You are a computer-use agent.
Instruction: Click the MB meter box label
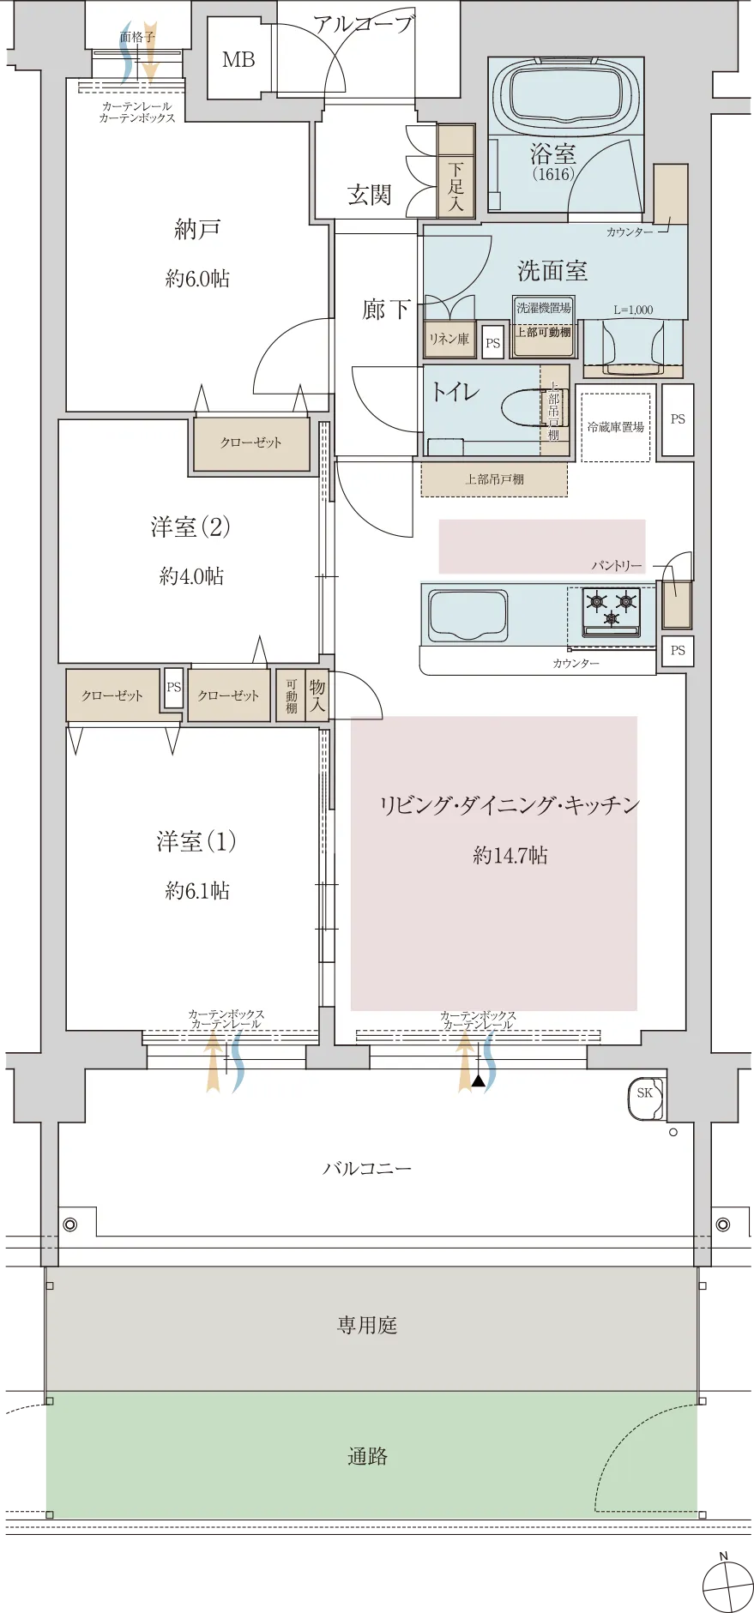click(238, 60)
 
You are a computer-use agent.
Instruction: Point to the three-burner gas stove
click(612, 610)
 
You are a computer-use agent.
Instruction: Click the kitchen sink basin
click(467, 614)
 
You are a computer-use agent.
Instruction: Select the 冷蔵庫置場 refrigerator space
click(615, 427)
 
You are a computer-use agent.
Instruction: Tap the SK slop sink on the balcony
click(645, 1093)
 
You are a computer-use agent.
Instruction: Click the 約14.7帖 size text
click(510, 855)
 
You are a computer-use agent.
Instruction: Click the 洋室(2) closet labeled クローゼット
click(250, 443)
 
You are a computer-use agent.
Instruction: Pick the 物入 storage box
click(317, 695)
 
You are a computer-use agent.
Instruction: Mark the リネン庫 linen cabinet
click(449, 340)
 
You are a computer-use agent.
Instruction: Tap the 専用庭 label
click(367, 1325)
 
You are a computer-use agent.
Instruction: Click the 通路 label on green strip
click(367, 1456)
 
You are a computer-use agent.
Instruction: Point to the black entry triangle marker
click(479, 1082)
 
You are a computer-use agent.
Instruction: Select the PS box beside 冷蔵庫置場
click(678, 419)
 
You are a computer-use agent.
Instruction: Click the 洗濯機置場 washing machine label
click(543, 308)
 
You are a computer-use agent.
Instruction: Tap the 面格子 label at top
click(137, 37)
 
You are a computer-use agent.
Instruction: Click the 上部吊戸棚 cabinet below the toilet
click(494, 479)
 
